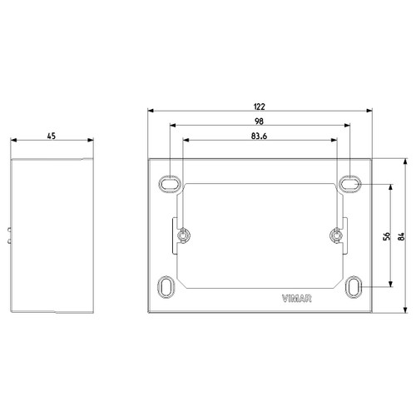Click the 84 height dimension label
[403, 235]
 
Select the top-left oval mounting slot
[168, 181]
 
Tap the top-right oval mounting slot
[351, 181]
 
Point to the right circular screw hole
[336, 235]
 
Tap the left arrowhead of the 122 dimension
[150, 111]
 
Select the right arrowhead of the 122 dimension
[370, 111]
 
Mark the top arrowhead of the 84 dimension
[404, 159]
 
